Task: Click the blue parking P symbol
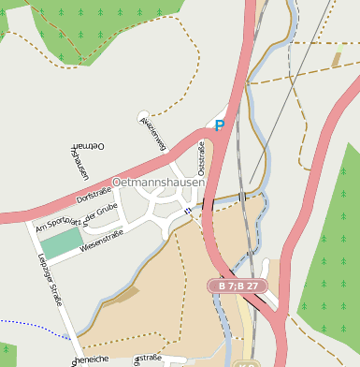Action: click(220, 125)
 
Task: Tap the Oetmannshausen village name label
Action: click(158, 183)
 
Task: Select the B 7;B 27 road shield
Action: click(238, 286)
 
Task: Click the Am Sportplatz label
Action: click(58, 222)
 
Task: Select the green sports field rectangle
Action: click(62, 243)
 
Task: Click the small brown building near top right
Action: click(337, 59)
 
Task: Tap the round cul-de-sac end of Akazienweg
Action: click(142, 116)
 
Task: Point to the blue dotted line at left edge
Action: click(28, 324)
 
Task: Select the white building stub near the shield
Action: click(269, 272)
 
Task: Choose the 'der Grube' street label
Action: click(101, 213)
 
